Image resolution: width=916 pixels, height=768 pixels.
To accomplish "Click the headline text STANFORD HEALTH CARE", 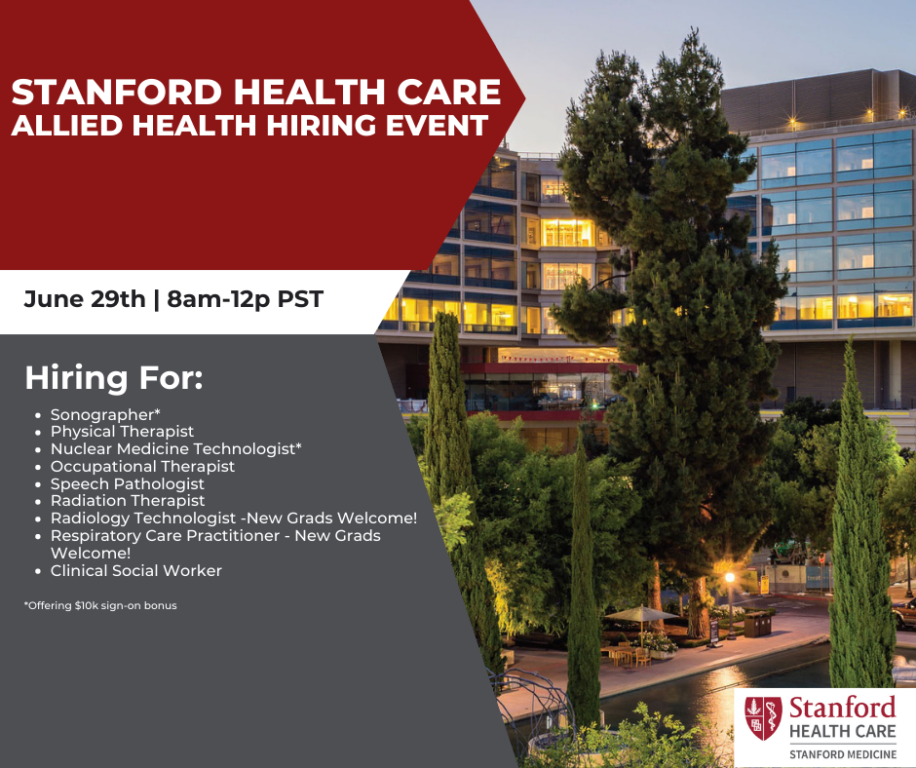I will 255,93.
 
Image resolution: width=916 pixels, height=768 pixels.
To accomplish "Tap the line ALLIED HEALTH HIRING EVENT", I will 248,126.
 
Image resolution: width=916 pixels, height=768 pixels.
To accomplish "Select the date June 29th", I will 86,298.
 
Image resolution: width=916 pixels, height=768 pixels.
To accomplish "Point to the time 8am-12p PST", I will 245,298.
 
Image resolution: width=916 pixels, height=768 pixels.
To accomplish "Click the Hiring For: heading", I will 113,378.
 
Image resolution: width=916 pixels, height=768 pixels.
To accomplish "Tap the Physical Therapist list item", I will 122,431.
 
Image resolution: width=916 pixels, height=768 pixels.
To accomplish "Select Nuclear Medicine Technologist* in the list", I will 176,448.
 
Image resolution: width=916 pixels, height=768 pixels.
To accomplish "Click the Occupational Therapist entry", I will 142,466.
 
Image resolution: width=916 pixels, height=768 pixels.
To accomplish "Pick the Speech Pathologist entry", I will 128,483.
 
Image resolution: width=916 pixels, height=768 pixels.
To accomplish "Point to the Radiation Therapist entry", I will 128,501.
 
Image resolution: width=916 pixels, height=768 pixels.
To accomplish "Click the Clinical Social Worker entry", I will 136,571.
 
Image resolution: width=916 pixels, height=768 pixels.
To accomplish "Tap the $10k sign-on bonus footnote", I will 100,605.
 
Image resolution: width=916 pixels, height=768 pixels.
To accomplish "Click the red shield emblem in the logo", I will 763,717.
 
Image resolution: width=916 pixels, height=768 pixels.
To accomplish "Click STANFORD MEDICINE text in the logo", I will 842,753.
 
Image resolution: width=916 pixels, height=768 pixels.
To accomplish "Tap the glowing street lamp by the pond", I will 729,578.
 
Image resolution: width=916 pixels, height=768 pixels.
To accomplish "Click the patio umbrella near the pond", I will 639,613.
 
